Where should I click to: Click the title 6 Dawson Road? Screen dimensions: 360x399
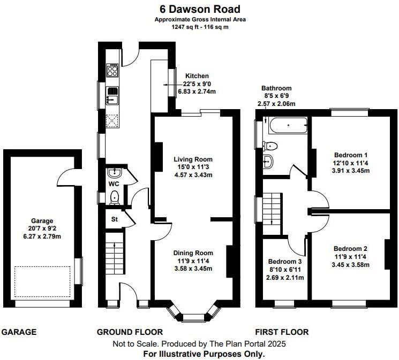click(x=199, y=9)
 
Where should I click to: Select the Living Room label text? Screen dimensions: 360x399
click(x=193, y=159)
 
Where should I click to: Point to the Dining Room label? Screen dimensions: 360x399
click(x=193, y=253)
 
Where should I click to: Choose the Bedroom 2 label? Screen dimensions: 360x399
click(x=350, y=249)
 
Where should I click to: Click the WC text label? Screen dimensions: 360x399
click(x=114, y=184)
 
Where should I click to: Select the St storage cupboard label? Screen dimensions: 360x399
click(x=115, y=218)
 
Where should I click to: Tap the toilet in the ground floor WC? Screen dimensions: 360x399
click(x=114, y=198)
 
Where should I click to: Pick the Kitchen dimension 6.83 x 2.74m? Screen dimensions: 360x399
click(x=197, y=91)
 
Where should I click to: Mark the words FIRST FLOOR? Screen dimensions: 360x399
click(x=282, y=332)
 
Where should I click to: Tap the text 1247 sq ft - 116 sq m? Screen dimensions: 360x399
click(x=199, y=27)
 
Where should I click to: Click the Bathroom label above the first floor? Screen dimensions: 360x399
click(x=276, y=88)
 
